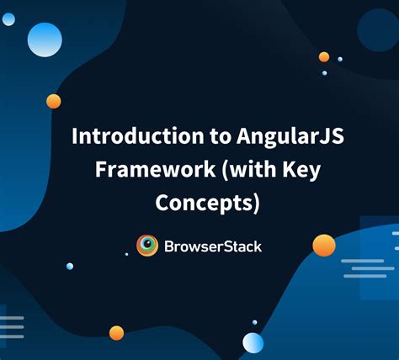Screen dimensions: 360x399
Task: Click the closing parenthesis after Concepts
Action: point(256,204)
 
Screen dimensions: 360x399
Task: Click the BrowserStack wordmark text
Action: point(213,246)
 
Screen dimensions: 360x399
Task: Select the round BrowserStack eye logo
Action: point(147,245)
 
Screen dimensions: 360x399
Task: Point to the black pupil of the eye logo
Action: point(147,245)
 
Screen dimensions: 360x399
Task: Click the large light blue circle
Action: point(45,40)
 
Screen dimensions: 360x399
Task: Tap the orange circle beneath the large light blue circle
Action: point(53,101)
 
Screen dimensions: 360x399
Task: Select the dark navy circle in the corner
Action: point(377,29)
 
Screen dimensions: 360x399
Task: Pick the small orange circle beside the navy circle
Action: point(324,57)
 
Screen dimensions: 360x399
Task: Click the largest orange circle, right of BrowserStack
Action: point(324,245)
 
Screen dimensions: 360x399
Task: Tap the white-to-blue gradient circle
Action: point(253,342)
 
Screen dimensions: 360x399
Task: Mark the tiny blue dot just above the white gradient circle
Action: point(254,322)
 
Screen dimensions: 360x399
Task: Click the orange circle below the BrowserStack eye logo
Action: point(116,332)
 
